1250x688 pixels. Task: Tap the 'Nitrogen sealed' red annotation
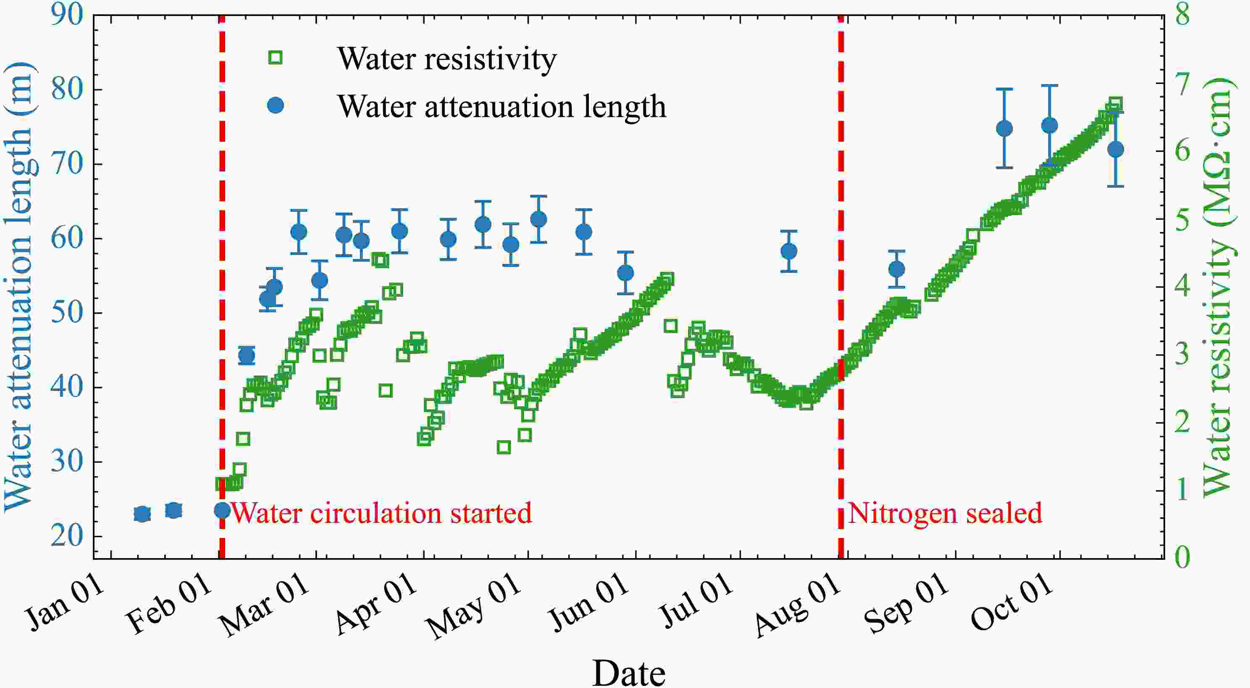944,513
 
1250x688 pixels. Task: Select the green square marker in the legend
275,58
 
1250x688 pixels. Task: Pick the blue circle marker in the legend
276,105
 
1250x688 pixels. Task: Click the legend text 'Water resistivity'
447,59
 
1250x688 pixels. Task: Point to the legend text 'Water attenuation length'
501,107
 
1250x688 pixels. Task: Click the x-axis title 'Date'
628,673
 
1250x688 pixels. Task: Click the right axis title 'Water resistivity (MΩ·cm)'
1218,287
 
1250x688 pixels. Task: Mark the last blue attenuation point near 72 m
1116,149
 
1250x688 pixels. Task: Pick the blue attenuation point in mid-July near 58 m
789,251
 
